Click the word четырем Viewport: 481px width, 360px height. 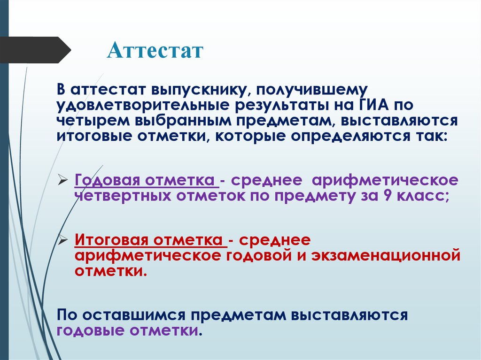tap(94, 121)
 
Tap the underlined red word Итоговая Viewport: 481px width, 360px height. tap(109, 240)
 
